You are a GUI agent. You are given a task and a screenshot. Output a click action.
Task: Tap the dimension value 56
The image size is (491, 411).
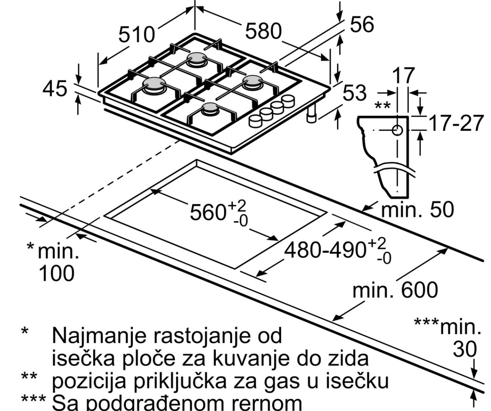coord(362,25)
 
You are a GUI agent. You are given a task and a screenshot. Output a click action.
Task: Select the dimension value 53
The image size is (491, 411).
coord(355,93)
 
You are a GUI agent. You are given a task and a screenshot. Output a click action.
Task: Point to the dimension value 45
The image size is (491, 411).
coord(55,90)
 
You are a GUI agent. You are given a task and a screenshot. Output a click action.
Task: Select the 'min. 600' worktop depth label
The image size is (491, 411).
coord(395,290)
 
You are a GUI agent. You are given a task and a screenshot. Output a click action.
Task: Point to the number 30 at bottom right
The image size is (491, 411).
coord(465,349)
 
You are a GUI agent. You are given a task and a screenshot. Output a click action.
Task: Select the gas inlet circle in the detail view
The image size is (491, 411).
coord(397,130)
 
